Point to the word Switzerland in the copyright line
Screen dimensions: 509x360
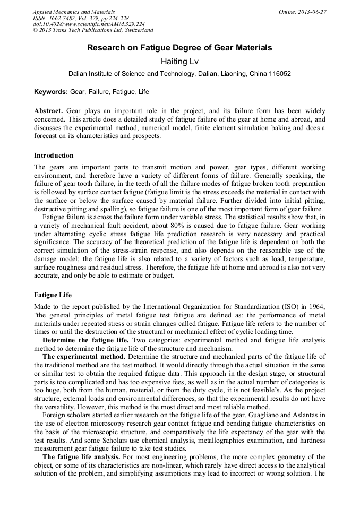(x=138, y=30)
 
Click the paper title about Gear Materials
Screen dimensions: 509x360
(x=179, y=48)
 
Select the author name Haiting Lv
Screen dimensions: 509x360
(x=179, y=62)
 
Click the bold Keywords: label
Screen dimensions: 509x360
(x=51, y=92)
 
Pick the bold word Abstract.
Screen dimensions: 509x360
(x=49, y=111)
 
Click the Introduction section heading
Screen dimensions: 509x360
(x=54, y=156)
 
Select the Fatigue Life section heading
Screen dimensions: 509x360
(x=53, y=294)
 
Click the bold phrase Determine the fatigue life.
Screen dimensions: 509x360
(x=85, y=340)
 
